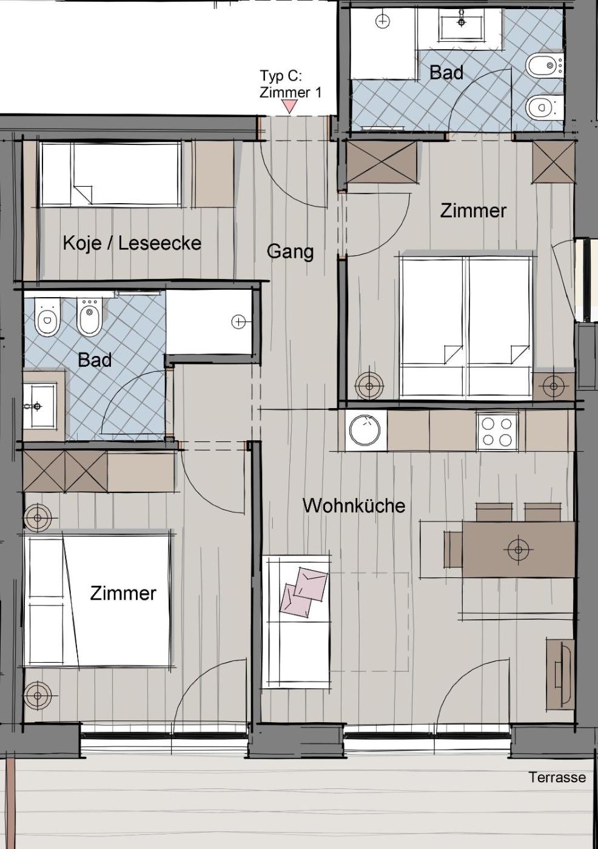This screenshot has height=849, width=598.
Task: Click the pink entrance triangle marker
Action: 290,106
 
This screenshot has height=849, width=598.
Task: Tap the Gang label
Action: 291,252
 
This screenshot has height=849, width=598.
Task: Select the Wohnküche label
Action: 354,506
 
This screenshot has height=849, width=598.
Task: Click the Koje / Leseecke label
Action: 132,243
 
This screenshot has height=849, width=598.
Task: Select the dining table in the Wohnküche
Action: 518,549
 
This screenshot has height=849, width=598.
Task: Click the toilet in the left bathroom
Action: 47,317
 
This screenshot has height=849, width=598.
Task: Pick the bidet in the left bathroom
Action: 89,317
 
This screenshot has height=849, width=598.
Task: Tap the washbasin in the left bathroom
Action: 39,406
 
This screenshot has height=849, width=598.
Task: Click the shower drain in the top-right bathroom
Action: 383,21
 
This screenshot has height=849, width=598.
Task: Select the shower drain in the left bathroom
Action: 238,322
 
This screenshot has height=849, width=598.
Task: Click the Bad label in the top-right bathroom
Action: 446,72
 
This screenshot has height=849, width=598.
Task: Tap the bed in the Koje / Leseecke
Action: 110,174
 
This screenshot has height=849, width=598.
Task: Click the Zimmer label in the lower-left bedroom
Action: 123,593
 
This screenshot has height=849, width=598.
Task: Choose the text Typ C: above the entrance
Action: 280,76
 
